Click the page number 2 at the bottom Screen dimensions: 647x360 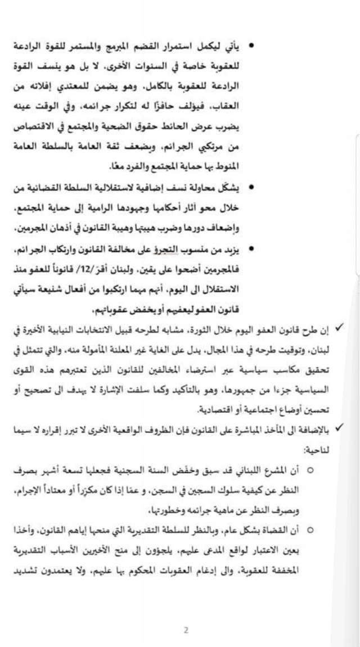tap(186, 630)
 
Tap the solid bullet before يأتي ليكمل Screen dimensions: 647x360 tap(252, 44)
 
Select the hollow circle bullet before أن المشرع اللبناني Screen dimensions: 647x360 tap(310, 469)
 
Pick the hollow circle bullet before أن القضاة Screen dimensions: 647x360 tap(310, 530)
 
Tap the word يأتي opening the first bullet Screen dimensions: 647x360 tap(238, 45)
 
